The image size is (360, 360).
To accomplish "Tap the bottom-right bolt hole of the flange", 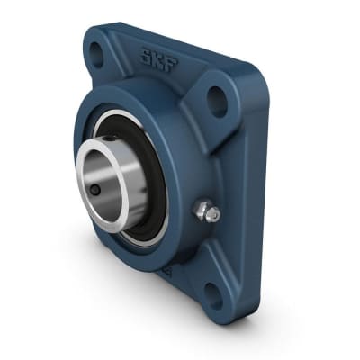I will pos(212,291).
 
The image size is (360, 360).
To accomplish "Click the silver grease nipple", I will pos(206,212).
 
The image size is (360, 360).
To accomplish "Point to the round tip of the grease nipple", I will pos(212,215).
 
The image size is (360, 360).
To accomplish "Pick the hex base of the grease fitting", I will pos(200,210).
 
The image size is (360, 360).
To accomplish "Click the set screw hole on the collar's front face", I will pos(94,190).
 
